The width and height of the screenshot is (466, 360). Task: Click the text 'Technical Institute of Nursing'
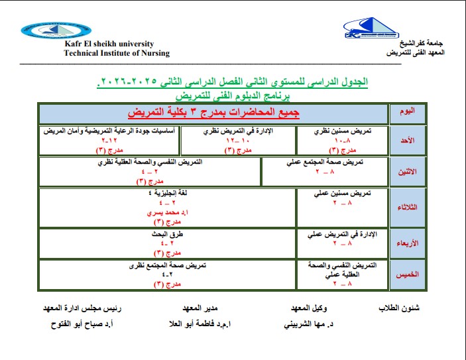point(117,54)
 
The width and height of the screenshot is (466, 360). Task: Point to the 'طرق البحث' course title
point(158,234)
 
